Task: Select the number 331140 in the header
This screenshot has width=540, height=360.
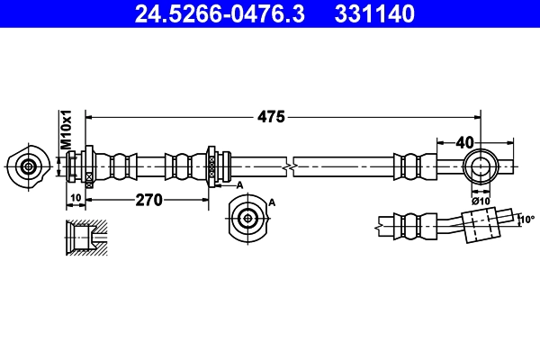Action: (x=376, y=13)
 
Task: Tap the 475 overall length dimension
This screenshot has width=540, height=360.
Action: (x=271, y=116)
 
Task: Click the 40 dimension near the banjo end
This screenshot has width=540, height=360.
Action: (x=464, y=141)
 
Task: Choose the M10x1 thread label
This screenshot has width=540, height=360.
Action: (x=65, y=131)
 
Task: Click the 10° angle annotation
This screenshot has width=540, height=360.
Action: (x=526, y=218)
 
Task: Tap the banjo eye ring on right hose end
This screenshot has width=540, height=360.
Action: (x=480, y=166)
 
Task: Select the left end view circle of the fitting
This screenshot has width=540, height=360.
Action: (x=29, y=166)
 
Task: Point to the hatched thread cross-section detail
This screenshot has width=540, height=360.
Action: (x=86, y=238)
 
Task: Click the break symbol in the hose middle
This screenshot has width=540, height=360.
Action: (x=287, y=167)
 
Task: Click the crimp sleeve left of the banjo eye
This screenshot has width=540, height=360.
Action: (x=411, y=166)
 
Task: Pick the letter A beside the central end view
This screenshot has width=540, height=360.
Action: (x=272, y=203)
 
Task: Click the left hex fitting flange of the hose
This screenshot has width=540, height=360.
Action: (x=89, y=166)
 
